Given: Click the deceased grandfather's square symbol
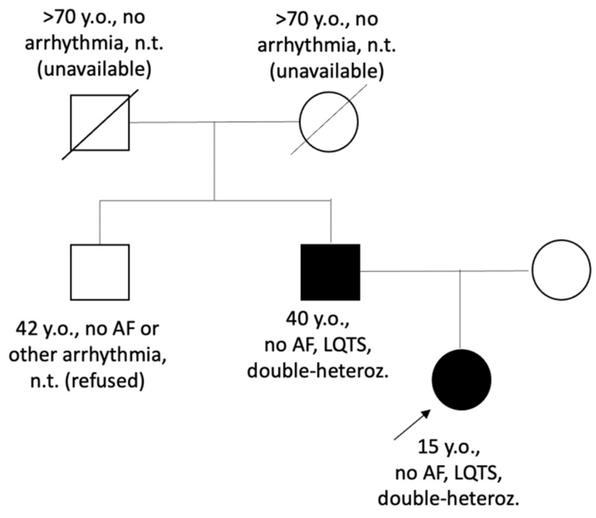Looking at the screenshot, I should click(x=100, y=123).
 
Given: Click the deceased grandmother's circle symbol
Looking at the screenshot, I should click(x=329, y=122).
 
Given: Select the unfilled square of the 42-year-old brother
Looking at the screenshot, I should click(x=100, y=272).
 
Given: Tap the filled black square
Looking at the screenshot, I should click(x=330, y=272).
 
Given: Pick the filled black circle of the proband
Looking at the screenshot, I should click(x=461, y=380).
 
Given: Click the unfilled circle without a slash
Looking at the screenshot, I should click(x=561, y=270).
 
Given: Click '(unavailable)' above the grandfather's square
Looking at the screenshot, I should click(x=94, y=70).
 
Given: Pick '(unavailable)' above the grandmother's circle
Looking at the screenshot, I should click(x=327, y=71).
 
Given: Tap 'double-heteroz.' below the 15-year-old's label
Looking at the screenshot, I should click(x=448, y=499).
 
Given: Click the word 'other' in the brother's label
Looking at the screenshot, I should click(x=32, y=354).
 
